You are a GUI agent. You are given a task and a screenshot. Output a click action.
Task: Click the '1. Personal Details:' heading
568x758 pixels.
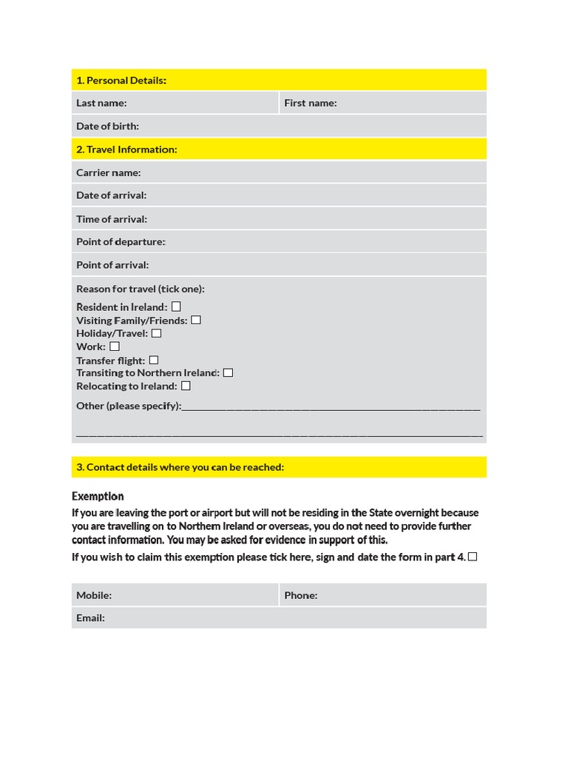[x=121, y=80]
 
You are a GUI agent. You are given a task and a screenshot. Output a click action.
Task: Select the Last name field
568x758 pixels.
[x=200, y=103]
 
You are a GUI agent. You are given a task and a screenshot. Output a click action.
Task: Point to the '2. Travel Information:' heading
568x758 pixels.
[x=126, y=150]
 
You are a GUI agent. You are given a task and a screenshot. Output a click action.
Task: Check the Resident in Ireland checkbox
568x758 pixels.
[x=176, y=306]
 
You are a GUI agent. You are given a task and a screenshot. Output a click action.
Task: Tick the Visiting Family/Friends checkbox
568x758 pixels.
[x=196, y=320]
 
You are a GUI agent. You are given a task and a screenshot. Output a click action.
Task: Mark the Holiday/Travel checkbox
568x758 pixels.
[x=156, y=333]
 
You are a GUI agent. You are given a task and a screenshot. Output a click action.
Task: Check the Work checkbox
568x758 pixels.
[x=115, y=346]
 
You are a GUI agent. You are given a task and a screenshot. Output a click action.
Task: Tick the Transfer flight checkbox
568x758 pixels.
[x=154, y=360]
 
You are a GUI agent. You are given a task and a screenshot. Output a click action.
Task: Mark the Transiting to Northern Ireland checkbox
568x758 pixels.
[x=228, y=372]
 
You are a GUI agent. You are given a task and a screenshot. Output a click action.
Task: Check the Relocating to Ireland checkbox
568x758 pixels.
[x=186, y=386]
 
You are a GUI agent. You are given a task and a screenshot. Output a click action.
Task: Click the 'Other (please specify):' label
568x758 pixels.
[x=128, y=406]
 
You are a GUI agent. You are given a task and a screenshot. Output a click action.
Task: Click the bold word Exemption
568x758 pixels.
[x=98, y=496]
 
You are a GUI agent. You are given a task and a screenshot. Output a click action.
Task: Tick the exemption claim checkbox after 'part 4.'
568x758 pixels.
[x=473, y=557]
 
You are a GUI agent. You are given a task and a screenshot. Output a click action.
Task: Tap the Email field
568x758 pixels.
[x=296, y=618]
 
